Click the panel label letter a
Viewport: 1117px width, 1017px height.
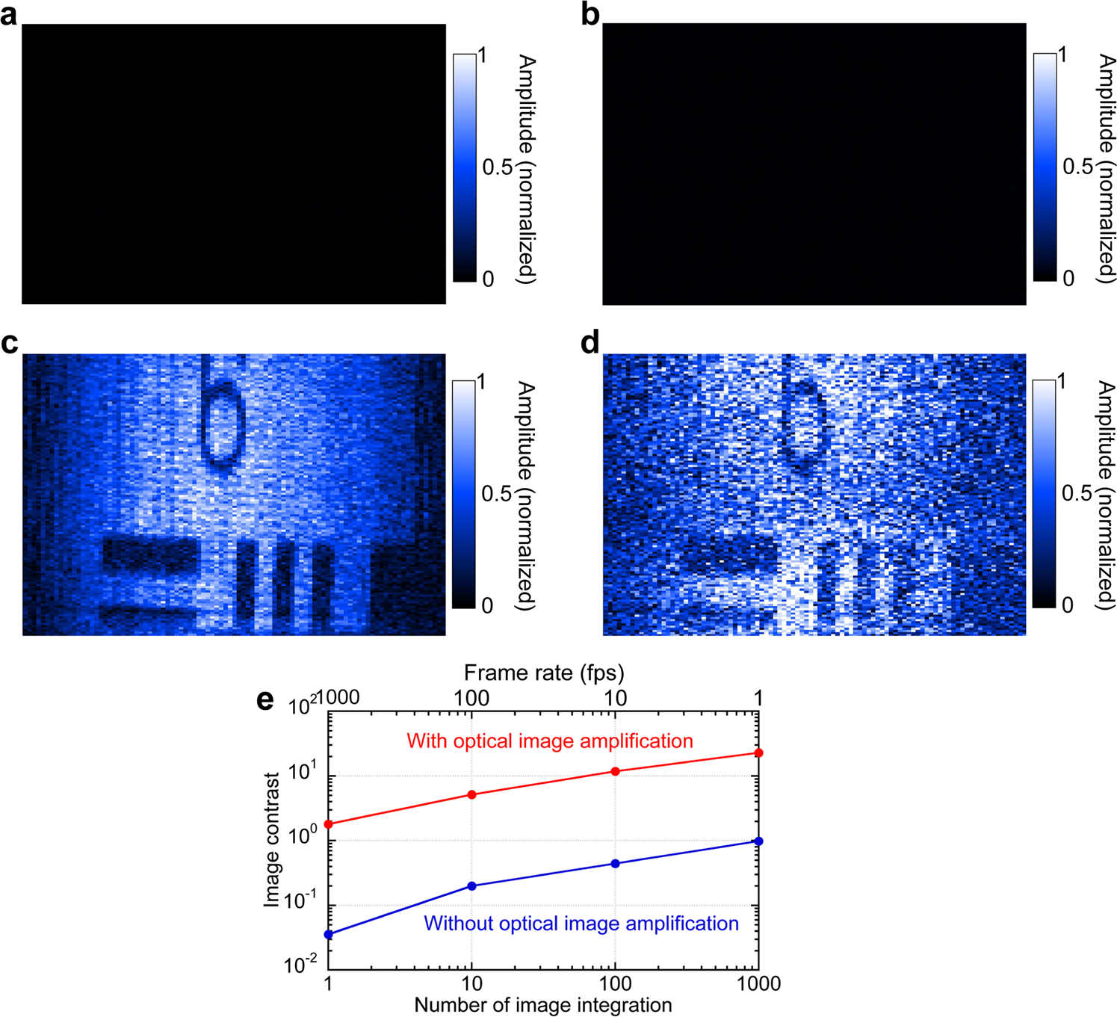coord(9,15)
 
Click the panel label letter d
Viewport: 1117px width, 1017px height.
coord(590,343)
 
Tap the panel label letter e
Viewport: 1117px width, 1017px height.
coord(264,701)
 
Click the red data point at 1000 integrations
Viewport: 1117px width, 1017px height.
coord(759,753)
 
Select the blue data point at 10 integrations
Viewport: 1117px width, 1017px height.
coord(471,886)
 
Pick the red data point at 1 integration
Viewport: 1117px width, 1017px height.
coord(328,824)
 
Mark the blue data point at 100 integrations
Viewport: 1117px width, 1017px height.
coord(616,864)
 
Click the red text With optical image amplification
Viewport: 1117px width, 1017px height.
coord(549,741)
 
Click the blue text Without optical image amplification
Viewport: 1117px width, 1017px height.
coord(581,924)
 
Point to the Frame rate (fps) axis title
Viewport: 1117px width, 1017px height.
coord(543,673)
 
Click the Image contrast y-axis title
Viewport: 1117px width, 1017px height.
coord(271,840)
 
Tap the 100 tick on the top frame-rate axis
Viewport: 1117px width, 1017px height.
coord(471,699)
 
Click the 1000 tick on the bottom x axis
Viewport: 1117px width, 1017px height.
coord(759,983)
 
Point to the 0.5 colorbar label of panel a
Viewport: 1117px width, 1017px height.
coord(497,167)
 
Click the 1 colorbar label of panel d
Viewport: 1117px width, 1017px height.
coord(1062,383)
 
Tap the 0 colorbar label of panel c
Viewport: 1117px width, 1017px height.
coord(487,606)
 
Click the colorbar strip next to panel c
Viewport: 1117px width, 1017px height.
coord(463,493)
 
